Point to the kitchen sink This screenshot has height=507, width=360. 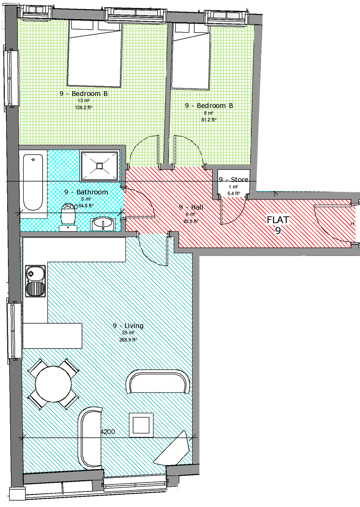35,282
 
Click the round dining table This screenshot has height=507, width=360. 53,384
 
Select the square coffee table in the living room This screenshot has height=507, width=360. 140,424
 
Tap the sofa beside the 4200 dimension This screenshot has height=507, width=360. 90,437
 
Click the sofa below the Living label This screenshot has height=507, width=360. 158,381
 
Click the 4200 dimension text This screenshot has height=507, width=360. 109,432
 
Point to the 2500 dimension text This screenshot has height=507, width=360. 70,207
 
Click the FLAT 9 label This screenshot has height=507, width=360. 278,225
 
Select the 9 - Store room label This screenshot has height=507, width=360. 234,180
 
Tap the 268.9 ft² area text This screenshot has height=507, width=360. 128,339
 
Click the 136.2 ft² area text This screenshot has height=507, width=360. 84,107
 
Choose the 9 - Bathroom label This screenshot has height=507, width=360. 86,192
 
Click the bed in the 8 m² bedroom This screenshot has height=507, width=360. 191,55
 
